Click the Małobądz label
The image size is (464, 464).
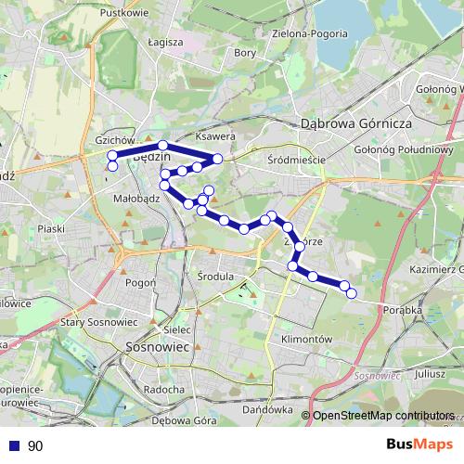coord(133,198)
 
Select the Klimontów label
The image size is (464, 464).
coord(306,340)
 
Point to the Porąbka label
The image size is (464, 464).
coord(401,311)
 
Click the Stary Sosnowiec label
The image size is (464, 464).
coord(98,321)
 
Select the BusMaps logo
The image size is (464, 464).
coord(420,445)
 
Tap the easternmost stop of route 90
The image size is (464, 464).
coord(352,293)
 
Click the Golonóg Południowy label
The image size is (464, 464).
coord(403,148)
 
